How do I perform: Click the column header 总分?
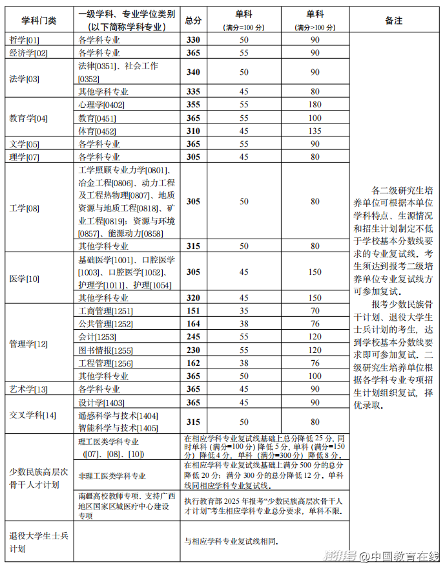(193, 21)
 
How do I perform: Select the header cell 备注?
(393, 21)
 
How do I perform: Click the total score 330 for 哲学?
(193, 40)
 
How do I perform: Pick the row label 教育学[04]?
(28, 118)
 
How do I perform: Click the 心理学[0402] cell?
(101, 105)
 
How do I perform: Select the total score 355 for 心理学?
(193, 105)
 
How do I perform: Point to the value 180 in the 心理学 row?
(315, 105)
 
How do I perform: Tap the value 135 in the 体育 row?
(315, 131)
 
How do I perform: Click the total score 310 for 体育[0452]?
(193, 131)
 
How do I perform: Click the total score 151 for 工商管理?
(193, 311)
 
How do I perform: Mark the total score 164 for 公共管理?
(193, 324)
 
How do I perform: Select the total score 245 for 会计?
(193, 337)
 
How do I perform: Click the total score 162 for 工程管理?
(193, 363)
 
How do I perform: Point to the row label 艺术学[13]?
(28, 389)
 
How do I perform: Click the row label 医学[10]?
(25, 278)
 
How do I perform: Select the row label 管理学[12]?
(28, 343)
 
